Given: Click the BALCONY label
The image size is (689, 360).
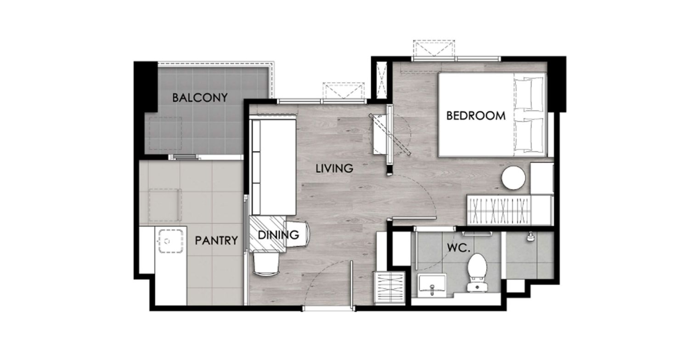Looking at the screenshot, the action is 200,98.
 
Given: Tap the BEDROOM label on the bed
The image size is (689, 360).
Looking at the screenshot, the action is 475,116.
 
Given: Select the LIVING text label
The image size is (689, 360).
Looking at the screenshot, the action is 334,169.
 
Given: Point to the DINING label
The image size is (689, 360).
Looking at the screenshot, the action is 278,235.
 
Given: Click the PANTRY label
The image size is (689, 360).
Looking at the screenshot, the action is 216,241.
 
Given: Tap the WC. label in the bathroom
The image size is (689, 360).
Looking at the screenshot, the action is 458,248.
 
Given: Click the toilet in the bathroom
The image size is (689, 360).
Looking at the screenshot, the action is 477,272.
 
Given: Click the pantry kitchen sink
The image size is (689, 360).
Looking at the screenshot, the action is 171,241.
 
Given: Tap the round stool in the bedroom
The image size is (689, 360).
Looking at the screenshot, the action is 514,178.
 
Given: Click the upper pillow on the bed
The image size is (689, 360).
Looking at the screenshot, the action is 529,94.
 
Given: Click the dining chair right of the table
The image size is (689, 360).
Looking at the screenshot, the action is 297,234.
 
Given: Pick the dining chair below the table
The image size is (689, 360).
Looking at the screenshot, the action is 266,263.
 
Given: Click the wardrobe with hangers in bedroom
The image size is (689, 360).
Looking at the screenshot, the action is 499,210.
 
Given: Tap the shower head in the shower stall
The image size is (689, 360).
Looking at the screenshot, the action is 530,236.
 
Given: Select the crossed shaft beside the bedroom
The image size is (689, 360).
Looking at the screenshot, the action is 382,80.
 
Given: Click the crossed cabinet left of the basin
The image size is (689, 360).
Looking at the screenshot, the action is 389,288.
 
